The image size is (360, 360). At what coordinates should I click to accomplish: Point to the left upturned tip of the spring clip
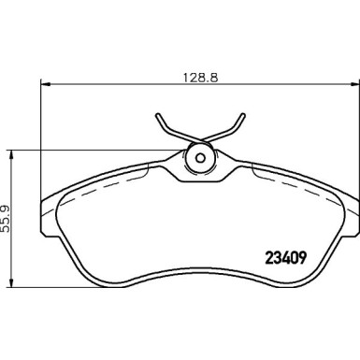click(x=157, y=117)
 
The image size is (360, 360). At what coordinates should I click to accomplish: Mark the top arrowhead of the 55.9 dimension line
click(x=9, y=150)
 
